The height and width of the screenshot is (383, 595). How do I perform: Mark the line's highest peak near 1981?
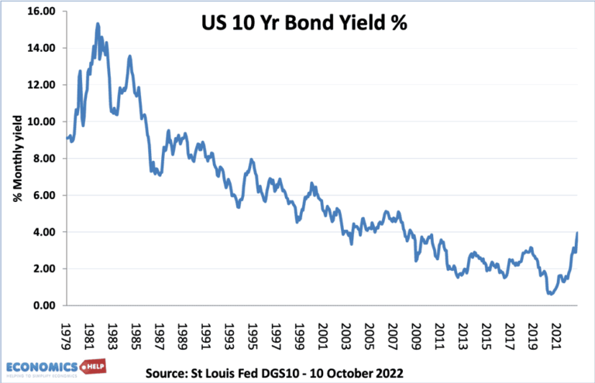click(98, 23)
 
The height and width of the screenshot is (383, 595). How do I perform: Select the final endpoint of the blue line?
click(578, 233)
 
